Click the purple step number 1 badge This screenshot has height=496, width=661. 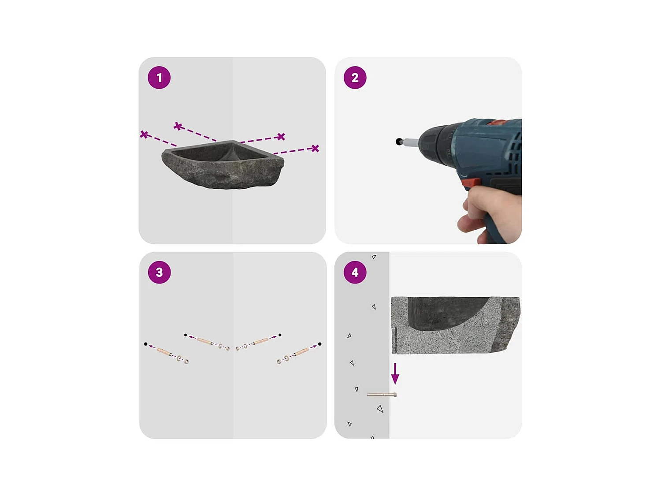coord(159,78)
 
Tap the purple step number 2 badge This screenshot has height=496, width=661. coord(355,78)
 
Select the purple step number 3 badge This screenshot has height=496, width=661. coord(160,272)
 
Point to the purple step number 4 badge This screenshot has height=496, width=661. coord(355,272)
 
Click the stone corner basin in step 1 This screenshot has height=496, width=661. coord(223,164)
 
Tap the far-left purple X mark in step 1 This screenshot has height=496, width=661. coord(144,134)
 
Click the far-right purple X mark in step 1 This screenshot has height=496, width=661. coord(315,148)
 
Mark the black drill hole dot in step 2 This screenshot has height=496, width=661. coord(399,142)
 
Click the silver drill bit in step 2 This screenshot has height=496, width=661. coord(409,141)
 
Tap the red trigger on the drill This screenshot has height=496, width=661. coord(470,182)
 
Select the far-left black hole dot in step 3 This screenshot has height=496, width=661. coord(146,344)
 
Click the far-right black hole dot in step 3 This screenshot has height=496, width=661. coord(319,344)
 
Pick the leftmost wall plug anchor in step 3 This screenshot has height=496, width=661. coord(164,351)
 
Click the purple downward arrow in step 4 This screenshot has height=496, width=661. coord(395,374)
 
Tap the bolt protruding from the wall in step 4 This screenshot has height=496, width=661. coord(382,395)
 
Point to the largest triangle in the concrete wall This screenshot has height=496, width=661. coord(380,409)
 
